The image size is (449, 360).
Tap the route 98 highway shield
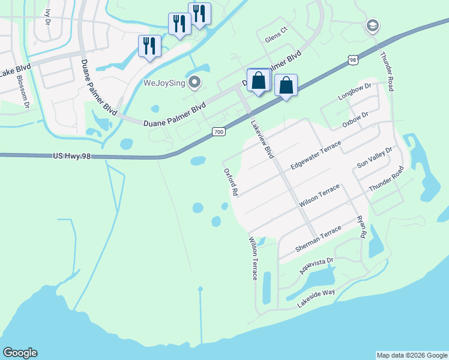[352, 59]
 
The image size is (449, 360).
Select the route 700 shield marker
[218, 131]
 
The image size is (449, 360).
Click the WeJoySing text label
[163, 82]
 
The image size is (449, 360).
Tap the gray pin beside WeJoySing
[194, 82]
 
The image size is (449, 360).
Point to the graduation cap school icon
[372, 26]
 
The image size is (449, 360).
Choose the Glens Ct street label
[277, 39]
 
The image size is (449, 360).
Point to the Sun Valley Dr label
[374, 157]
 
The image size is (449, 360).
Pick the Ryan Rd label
[361, 227]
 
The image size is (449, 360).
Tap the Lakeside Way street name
[316, 298]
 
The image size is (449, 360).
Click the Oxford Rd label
[232, 182]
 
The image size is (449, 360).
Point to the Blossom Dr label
[23, 91]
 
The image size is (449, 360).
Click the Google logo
[20, 353]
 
